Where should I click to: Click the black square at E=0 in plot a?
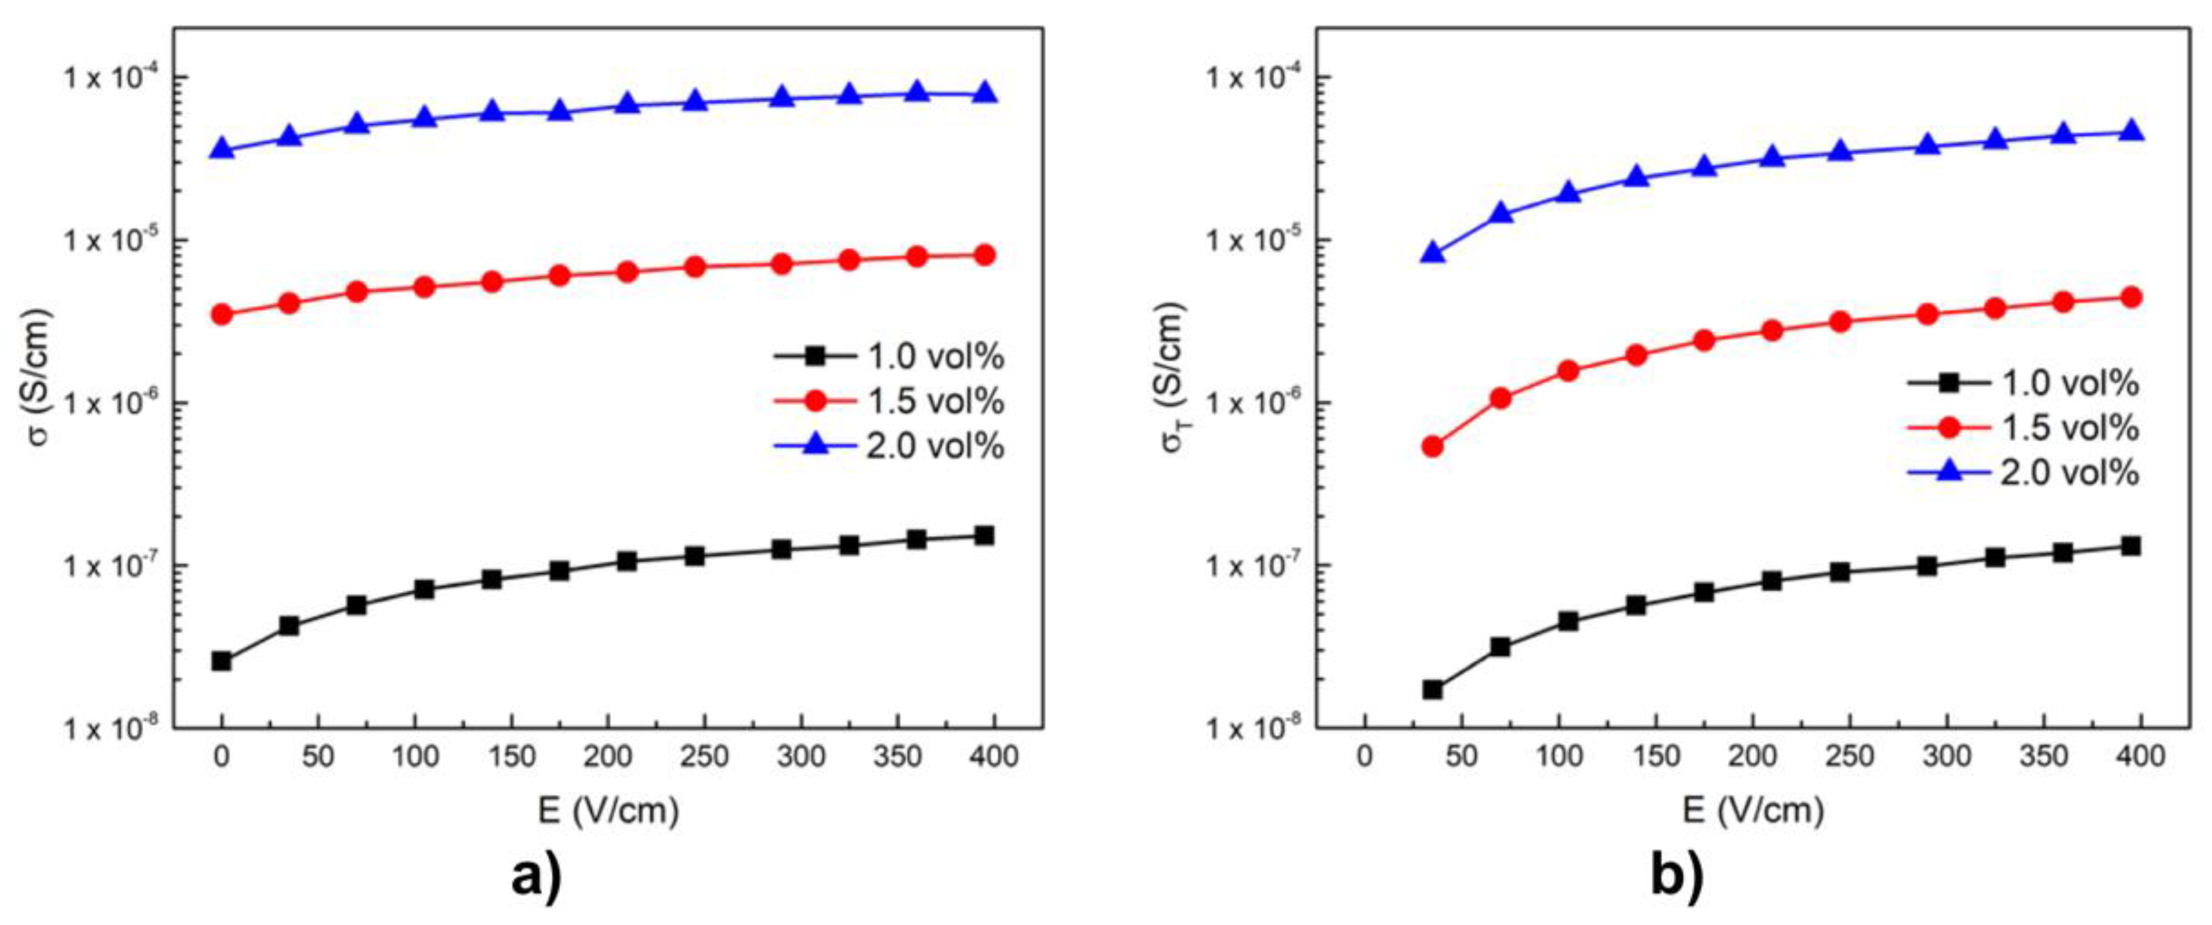221,660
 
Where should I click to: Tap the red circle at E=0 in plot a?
221,314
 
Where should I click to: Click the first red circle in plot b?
1433,446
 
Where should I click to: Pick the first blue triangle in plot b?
1433,253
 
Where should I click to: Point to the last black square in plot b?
2130,545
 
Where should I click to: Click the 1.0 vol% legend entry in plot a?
889,356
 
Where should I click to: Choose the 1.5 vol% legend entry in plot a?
889,401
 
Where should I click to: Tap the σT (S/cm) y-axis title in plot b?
1174,377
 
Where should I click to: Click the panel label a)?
537,878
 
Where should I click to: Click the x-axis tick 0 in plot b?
1365,757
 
